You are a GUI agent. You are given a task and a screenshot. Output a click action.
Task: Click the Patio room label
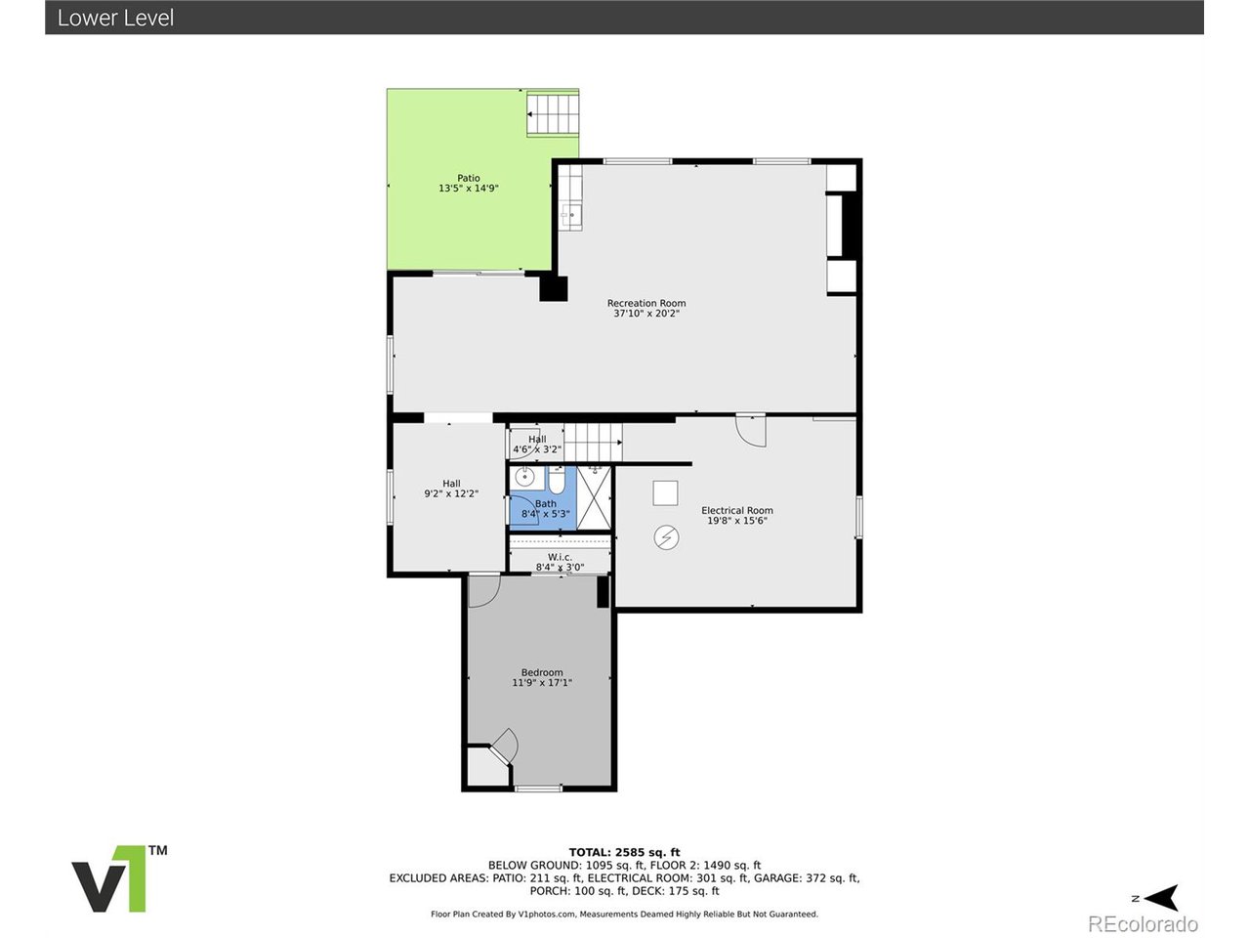[469, 178]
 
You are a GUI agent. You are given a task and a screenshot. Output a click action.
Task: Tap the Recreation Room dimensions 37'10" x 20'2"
[646, 314]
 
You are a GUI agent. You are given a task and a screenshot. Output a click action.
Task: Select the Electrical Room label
[736, 510]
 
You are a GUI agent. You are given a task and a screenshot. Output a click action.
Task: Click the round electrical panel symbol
[666, 537]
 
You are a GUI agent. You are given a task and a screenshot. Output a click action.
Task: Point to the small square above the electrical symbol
[665, 492]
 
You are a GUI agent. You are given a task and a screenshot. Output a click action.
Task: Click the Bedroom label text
[542, 672]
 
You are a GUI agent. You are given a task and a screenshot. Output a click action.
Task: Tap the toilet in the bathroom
[557, 481]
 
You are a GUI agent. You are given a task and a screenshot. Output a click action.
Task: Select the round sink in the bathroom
[525, 478]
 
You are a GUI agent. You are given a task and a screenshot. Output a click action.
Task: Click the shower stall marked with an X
[593, 497]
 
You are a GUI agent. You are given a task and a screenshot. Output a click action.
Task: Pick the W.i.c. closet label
[560, 557]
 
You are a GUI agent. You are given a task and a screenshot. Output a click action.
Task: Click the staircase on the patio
[554, 113]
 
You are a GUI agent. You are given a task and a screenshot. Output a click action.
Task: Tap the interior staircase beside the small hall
[593, 443]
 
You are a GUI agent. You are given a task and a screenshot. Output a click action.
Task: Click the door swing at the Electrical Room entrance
[751, 430]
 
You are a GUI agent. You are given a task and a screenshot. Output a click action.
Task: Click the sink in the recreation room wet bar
[570, 214]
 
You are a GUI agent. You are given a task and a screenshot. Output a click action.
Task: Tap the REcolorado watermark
[1143, 923]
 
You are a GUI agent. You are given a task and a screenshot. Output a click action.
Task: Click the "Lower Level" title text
[115, 18]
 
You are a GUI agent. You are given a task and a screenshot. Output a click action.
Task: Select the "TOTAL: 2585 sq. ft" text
[625, 852]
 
